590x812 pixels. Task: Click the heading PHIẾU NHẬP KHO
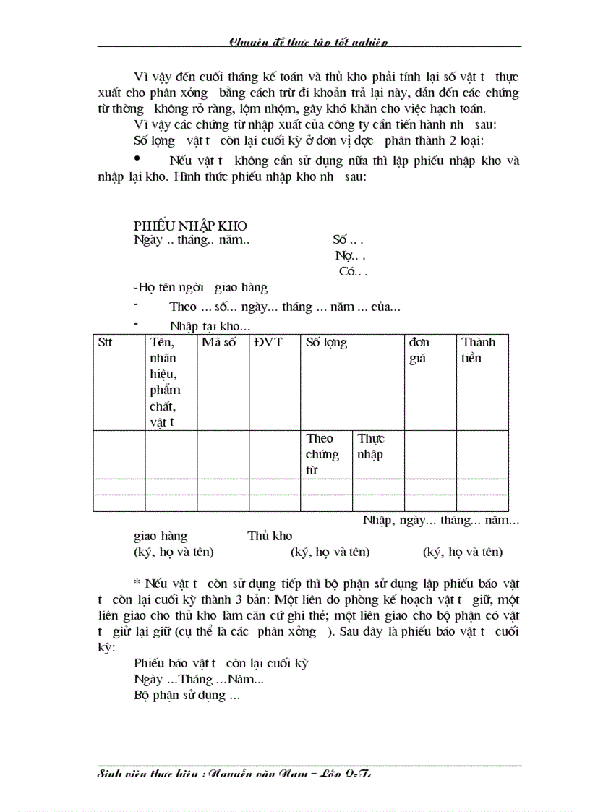pos(190,226)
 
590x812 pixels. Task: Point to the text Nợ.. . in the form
pos(350,256)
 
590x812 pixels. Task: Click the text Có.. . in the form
pos(353,272)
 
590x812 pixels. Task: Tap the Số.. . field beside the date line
pos(348,239)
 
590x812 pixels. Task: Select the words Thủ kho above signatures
pos(270,536)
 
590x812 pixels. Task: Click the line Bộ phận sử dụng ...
pos(187,696)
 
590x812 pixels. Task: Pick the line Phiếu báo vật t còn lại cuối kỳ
pos(221,663)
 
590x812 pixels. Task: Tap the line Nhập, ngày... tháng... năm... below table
pos(440,520)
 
